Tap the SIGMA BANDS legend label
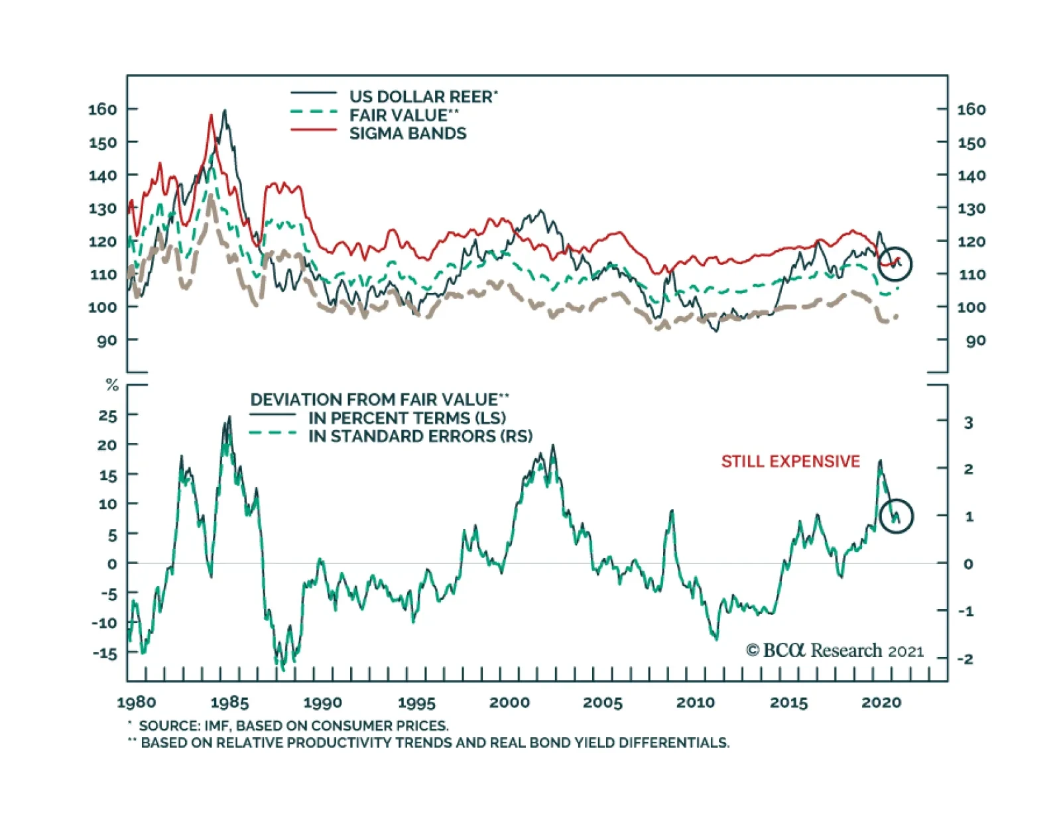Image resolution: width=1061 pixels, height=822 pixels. [408, 134]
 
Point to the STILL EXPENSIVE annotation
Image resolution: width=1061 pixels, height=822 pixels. [790, 461]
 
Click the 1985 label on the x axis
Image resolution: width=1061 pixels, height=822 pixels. [229, 703]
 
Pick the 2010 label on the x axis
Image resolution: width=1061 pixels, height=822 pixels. [696, 703]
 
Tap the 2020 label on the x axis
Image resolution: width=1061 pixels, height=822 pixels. [881, 703]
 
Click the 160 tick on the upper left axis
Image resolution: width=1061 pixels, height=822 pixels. [102, 109]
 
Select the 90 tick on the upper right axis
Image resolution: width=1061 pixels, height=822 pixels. [975, 341]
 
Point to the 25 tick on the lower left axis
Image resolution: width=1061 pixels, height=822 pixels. [107, 416]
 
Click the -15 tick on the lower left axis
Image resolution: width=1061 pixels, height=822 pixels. [105, 653]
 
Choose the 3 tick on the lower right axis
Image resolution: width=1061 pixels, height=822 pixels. [968, 422]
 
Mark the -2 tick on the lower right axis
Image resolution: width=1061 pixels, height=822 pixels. [966, 659]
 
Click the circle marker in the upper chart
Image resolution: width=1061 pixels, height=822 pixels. [895, 264]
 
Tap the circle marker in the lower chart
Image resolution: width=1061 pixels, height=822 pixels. [897, 516]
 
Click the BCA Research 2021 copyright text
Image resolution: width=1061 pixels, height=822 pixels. [835, 650]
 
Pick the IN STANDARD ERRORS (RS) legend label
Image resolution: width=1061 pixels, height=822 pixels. [420, 436]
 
